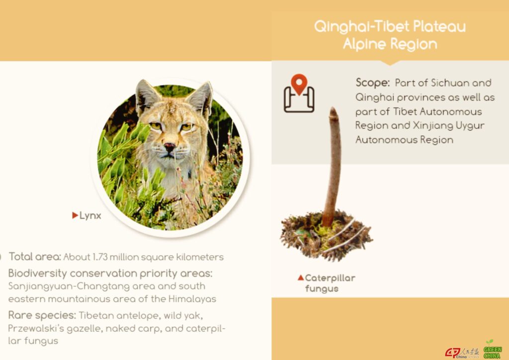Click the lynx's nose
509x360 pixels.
click(169, 147)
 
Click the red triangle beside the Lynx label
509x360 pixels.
click(75, 215)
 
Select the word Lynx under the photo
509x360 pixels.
click(90, 216)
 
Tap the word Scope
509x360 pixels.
click(372, 83)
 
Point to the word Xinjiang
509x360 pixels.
click(431, 126)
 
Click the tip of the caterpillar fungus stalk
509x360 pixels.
click(333, 109)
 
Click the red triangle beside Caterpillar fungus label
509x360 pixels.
click(301, 277)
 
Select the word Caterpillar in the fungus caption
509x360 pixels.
click(330, 278)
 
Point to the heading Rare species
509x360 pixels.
click(42, 315)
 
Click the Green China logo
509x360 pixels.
click(492, 349)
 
